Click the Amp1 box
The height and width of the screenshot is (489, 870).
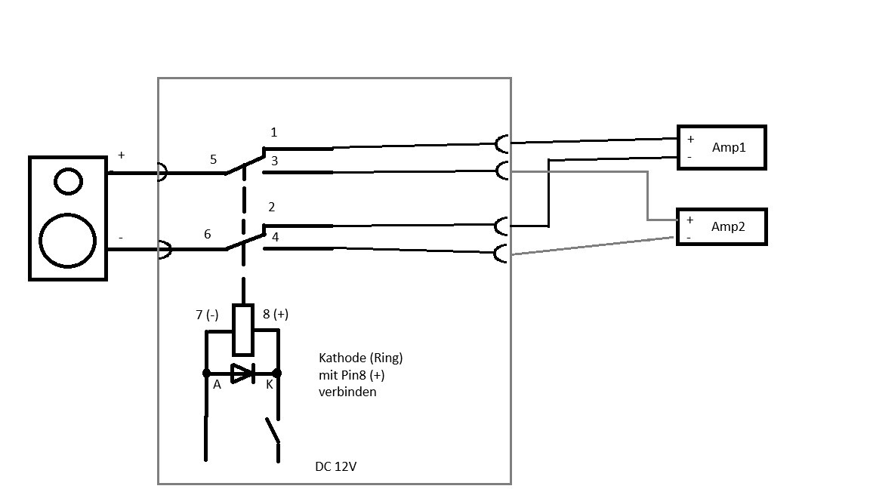tap(721, 147)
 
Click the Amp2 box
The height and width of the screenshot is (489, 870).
tap(721, 226)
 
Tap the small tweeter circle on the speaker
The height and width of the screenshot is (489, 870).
tap(68, 181)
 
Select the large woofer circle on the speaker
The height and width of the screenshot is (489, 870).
tap(68, 241)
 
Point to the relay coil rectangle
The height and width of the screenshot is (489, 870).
tap(242, 330)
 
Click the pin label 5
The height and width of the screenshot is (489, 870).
tap(213, 159)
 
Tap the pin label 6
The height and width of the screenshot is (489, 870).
tap(208, 234)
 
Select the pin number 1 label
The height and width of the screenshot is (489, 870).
tap(273, 132)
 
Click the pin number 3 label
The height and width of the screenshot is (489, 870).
tap(274, 161)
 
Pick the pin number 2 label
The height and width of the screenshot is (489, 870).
tap(272, 207)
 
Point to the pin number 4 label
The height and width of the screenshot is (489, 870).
tap(275, 237)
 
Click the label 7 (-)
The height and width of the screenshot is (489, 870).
tap(207, 315)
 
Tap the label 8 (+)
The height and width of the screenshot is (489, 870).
tap(275, 315)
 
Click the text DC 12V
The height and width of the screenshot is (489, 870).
tap(335, 466)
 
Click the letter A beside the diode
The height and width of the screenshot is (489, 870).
tap(217, 384)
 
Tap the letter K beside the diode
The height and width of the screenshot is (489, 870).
tap(269, 384)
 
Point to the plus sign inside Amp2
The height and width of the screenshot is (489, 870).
tap(689, 220)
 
